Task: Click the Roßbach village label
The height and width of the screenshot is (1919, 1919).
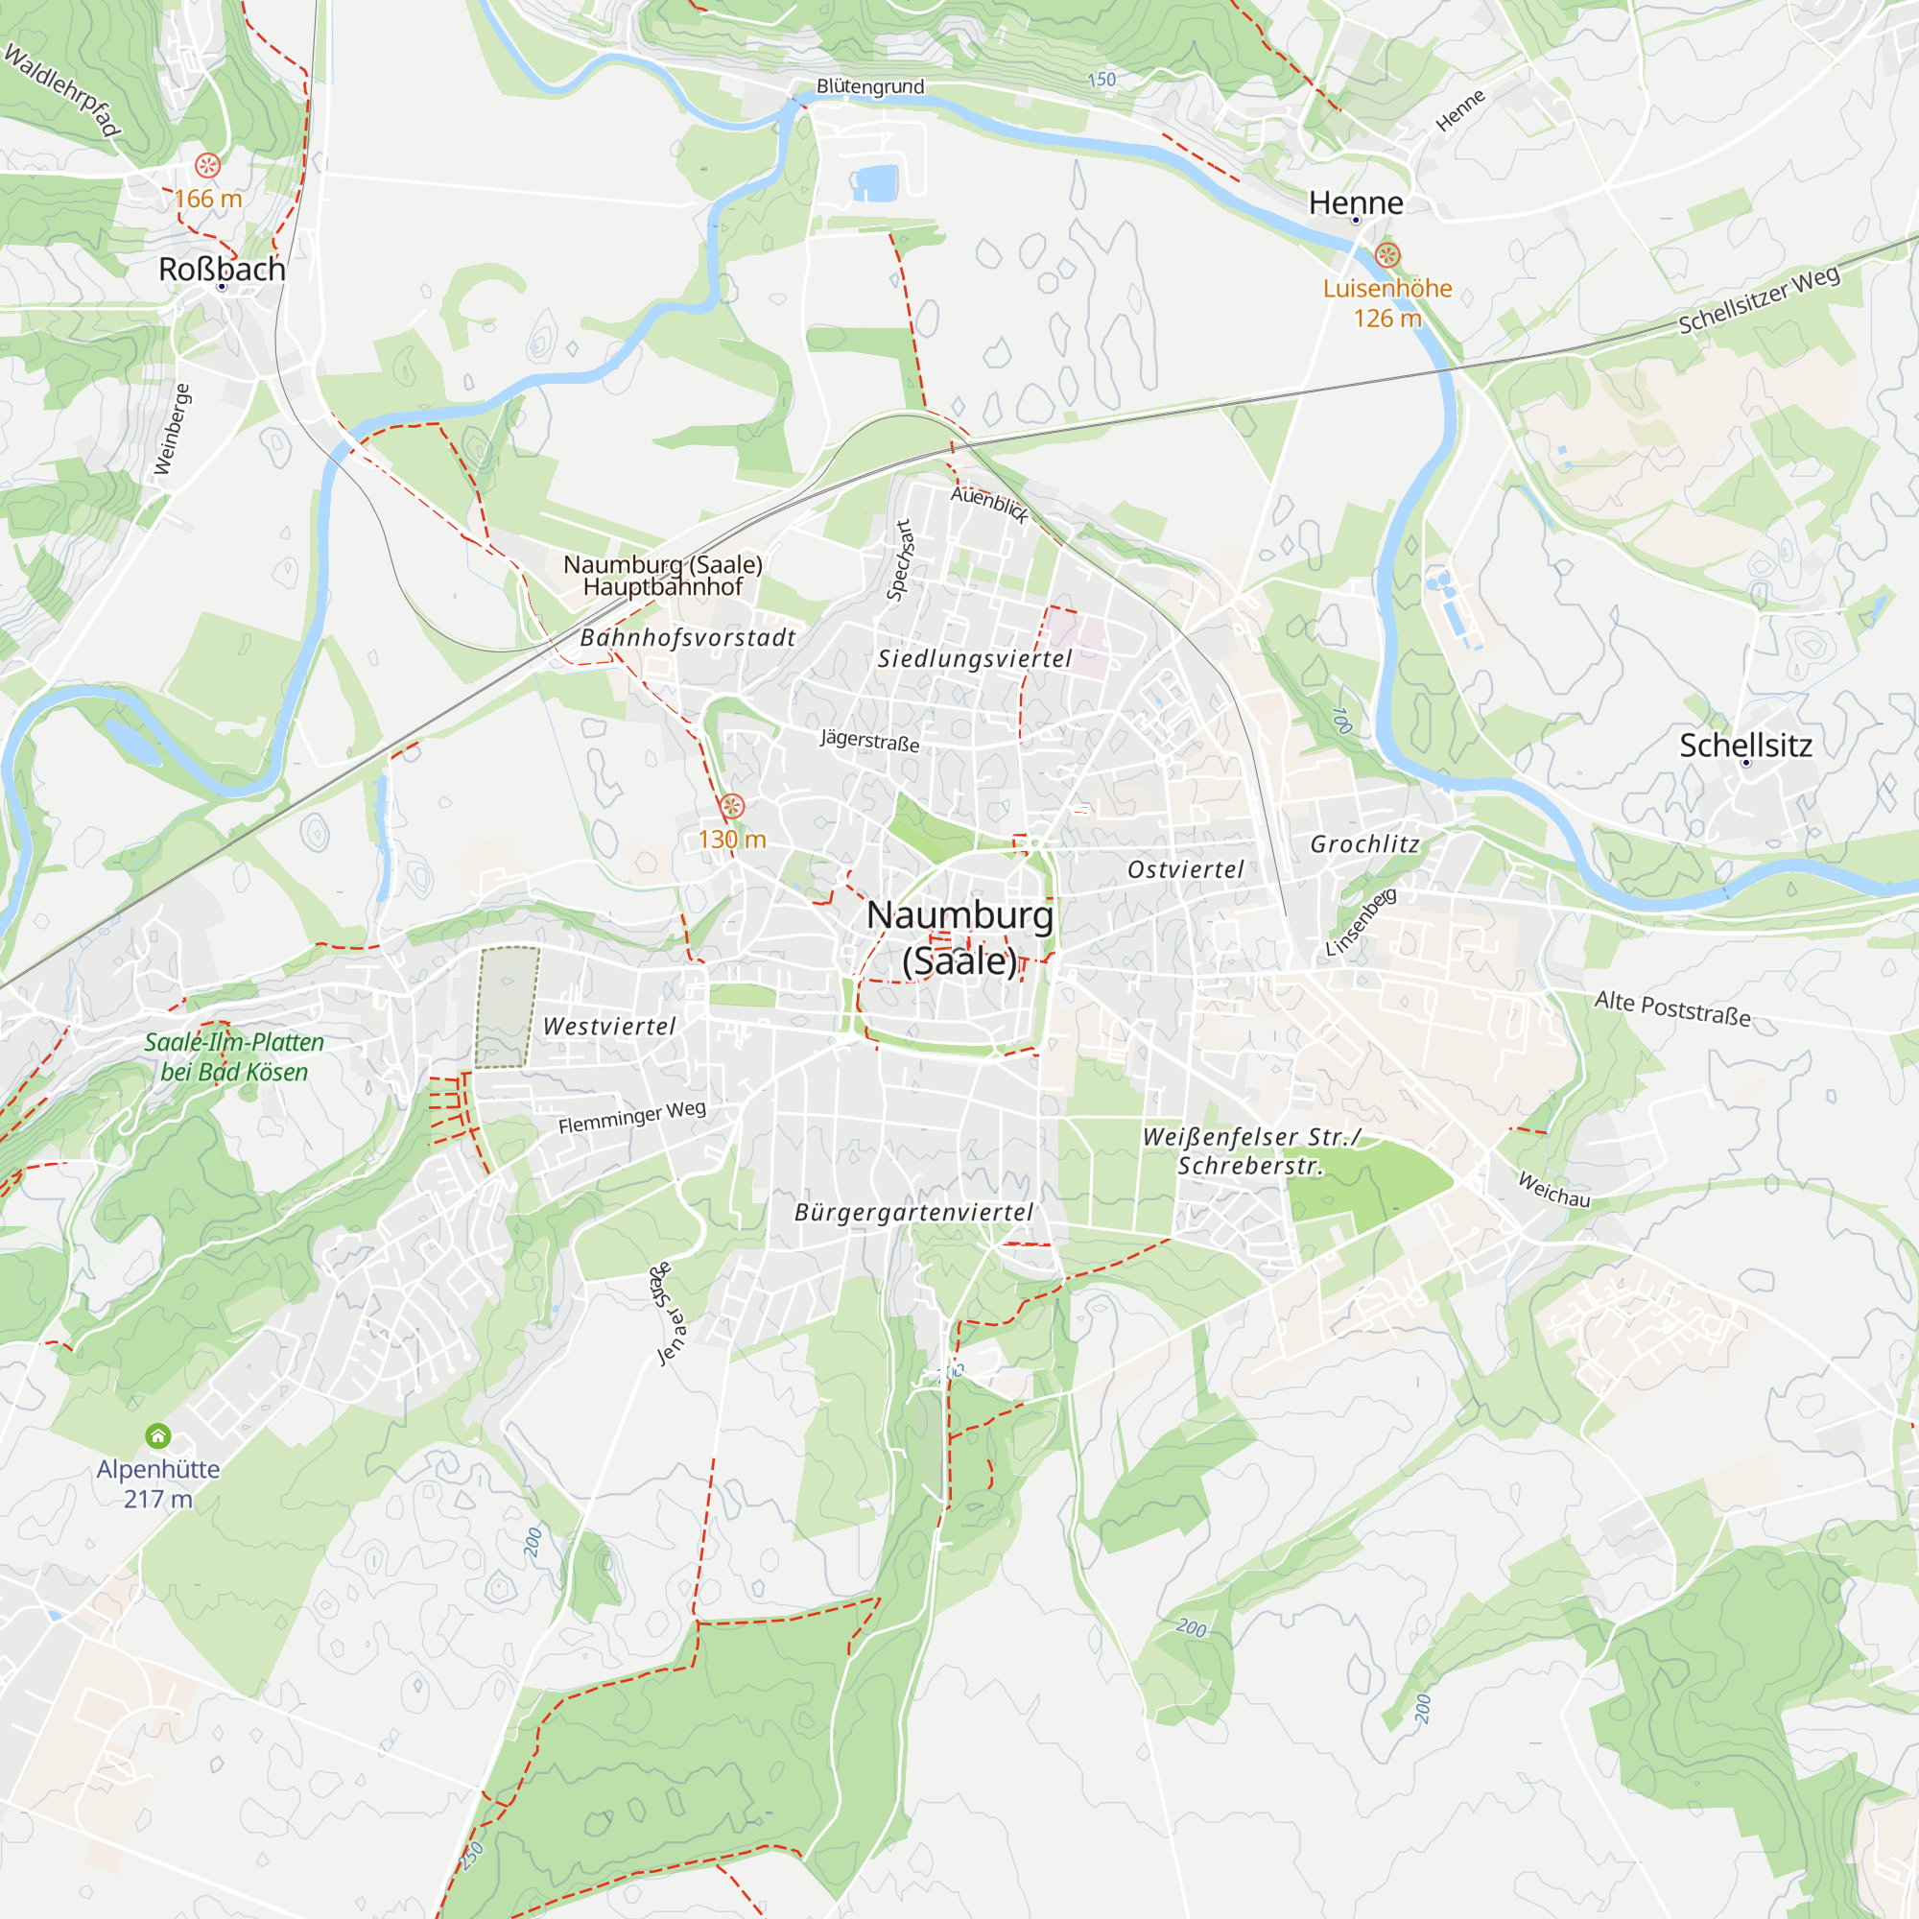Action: pos(222,270)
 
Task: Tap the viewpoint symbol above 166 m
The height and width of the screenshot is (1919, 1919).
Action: pos(207,165)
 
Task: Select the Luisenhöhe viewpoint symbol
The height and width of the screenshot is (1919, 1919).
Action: pos(1387,255)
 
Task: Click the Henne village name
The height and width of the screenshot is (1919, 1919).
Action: pos(1356,202)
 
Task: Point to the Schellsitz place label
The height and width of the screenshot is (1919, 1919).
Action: pos(1745,745)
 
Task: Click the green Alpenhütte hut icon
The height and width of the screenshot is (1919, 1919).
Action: pos(158,1435)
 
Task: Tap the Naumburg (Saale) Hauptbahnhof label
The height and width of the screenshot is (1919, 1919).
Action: pos(662,575)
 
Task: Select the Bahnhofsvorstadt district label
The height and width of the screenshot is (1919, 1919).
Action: pos(687,638)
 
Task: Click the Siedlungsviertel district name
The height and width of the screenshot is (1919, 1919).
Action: pos(975,658)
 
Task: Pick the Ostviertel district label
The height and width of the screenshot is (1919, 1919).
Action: pos(1185,869)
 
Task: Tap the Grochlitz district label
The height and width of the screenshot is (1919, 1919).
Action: pos(1364,844)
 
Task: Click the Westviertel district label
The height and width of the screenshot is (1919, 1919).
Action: pos(609,1026)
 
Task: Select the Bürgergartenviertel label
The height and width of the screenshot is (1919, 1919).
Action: pos(913,1212)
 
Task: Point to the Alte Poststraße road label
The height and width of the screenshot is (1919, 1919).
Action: pos(1671,1008)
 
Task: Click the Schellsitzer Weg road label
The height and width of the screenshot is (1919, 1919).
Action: pos(1758,300)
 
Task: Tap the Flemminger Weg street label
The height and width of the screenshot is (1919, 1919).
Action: pos(631,1118)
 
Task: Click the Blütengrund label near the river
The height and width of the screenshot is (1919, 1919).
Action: pos(870,86)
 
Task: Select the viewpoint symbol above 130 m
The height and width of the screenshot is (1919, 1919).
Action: pos(732,807)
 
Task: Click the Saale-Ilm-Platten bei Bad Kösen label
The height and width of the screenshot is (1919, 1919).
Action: pos(234,1056)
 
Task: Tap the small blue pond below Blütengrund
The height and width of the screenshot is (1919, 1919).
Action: pos(875,182)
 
